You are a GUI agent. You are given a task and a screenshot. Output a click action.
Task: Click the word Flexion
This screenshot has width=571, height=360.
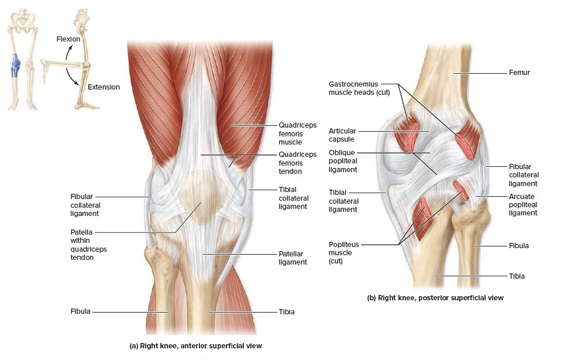(68, 39)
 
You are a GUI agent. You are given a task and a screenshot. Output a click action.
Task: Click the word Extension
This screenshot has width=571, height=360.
(104, 87)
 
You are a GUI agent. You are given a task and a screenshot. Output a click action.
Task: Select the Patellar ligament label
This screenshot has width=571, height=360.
(293, 258)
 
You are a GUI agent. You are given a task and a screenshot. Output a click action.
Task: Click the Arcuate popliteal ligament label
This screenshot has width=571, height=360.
(522, 205)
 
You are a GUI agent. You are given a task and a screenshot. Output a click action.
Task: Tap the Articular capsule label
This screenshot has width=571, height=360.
(342, 135)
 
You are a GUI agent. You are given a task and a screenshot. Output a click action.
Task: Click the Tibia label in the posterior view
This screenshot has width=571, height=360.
(517, 276)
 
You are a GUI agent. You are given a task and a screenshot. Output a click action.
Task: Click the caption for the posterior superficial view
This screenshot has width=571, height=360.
(435, 298)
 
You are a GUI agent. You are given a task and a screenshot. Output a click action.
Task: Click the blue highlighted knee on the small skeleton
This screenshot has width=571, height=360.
(16, 64)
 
